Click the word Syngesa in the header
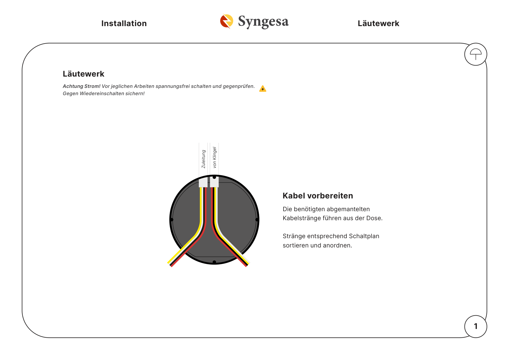point(263,21)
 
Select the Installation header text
point(124,23)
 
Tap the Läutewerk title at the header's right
point(378,23)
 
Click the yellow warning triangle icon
point(263,88)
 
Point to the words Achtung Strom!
point(82,86)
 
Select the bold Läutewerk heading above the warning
point(84,74)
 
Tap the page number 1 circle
point(476,326)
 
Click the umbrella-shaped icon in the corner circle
point(476,54)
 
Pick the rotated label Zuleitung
point(203,159)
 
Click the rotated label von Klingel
point(214,157)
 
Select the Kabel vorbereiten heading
point(318,196)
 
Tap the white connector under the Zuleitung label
point(203,182)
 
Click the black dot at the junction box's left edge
point(172,220)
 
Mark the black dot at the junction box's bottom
point(214,262)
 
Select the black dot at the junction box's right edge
point(257,220)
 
